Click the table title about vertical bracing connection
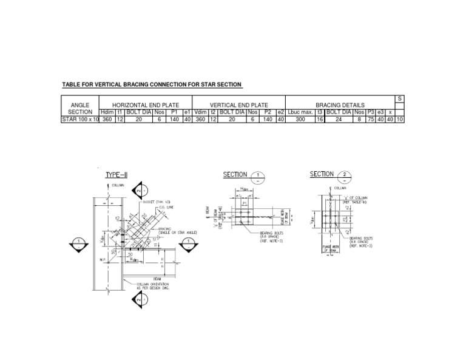(152, 84)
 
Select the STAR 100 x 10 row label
(79, 120)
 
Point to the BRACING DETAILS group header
(340, 105)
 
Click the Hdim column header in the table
(107, 112)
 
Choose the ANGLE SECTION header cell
(79, 108)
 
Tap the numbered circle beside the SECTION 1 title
(258, 177)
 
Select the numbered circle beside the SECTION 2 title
(345, 177)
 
